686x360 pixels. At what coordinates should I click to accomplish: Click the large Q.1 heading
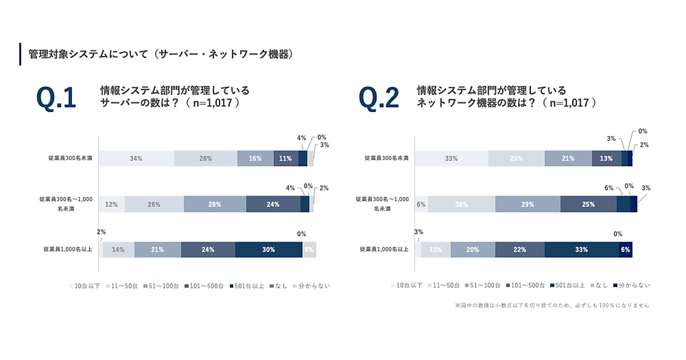click(56, 98)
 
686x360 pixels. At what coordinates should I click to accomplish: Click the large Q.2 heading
click(378, 98)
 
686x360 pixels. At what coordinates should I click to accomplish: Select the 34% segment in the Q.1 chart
click(136, 158)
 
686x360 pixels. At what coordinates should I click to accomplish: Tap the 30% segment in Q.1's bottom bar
click(269, 250)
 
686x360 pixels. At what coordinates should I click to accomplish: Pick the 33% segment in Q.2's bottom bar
click(581, 250)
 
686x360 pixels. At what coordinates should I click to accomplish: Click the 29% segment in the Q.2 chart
click(528, 204)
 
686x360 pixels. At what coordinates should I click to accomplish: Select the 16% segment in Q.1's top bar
click(256, 158)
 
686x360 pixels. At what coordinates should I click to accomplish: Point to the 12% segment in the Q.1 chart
click(111, 204)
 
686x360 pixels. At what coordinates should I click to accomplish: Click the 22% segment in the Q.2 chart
click(520, 250)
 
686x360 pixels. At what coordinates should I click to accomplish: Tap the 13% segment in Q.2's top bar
click(607, 158)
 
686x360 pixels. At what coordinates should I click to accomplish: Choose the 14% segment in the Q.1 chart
click(118, 250)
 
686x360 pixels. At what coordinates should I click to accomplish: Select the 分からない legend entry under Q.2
click(631, 285)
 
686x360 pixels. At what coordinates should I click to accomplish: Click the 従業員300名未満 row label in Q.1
click(67, 158)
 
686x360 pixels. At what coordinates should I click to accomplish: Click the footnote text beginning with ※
click(552, 305)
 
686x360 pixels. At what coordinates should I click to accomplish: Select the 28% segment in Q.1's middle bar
click(215, 204)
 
